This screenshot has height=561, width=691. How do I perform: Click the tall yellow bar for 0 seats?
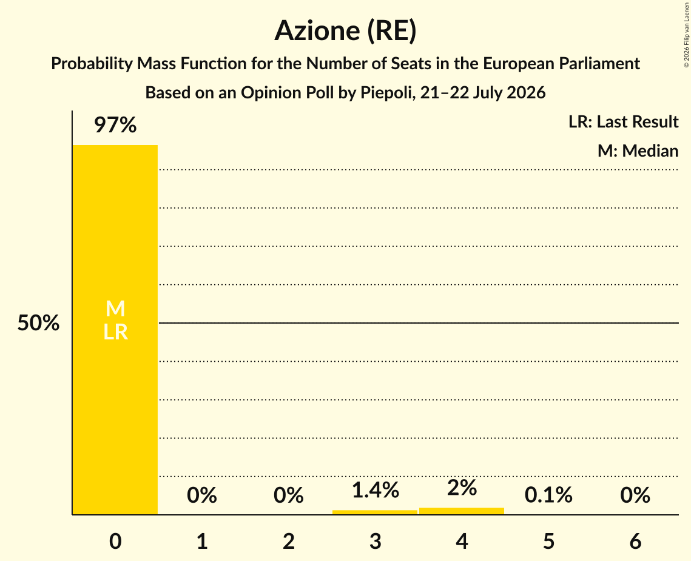[115, 330]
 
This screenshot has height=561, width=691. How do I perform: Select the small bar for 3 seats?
[374, 512]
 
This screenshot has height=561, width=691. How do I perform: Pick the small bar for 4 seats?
[462, 511]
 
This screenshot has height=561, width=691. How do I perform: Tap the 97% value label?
[115, 125]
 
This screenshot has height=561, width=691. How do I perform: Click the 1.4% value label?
[376, 490]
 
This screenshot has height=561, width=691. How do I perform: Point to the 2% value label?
[462, 488]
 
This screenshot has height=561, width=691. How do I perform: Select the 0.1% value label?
[548, 495]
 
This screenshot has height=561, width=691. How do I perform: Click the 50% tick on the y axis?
[38, 323]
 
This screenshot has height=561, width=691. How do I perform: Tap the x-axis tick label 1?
[202, 541]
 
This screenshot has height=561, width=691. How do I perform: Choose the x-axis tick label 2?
[289, 541]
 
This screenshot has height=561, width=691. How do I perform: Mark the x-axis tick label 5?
[548, 541]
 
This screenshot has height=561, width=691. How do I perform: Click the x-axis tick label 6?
[635, 541]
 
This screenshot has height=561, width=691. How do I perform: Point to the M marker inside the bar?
[115, 308]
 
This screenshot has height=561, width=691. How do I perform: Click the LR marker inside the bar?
[115, 331]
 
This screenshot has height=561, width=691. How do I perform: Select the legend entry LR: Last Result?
[623, 121]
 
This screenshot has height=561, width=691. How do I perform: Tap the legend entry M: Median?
[638, 151]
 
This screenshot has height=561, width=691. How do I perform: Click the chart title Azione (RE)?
[346, 30]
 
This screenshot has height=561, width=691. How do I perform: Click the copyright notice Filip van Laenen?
[686, 35]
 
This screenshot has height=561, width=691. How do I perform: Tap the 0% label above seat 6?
[635, 495]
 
